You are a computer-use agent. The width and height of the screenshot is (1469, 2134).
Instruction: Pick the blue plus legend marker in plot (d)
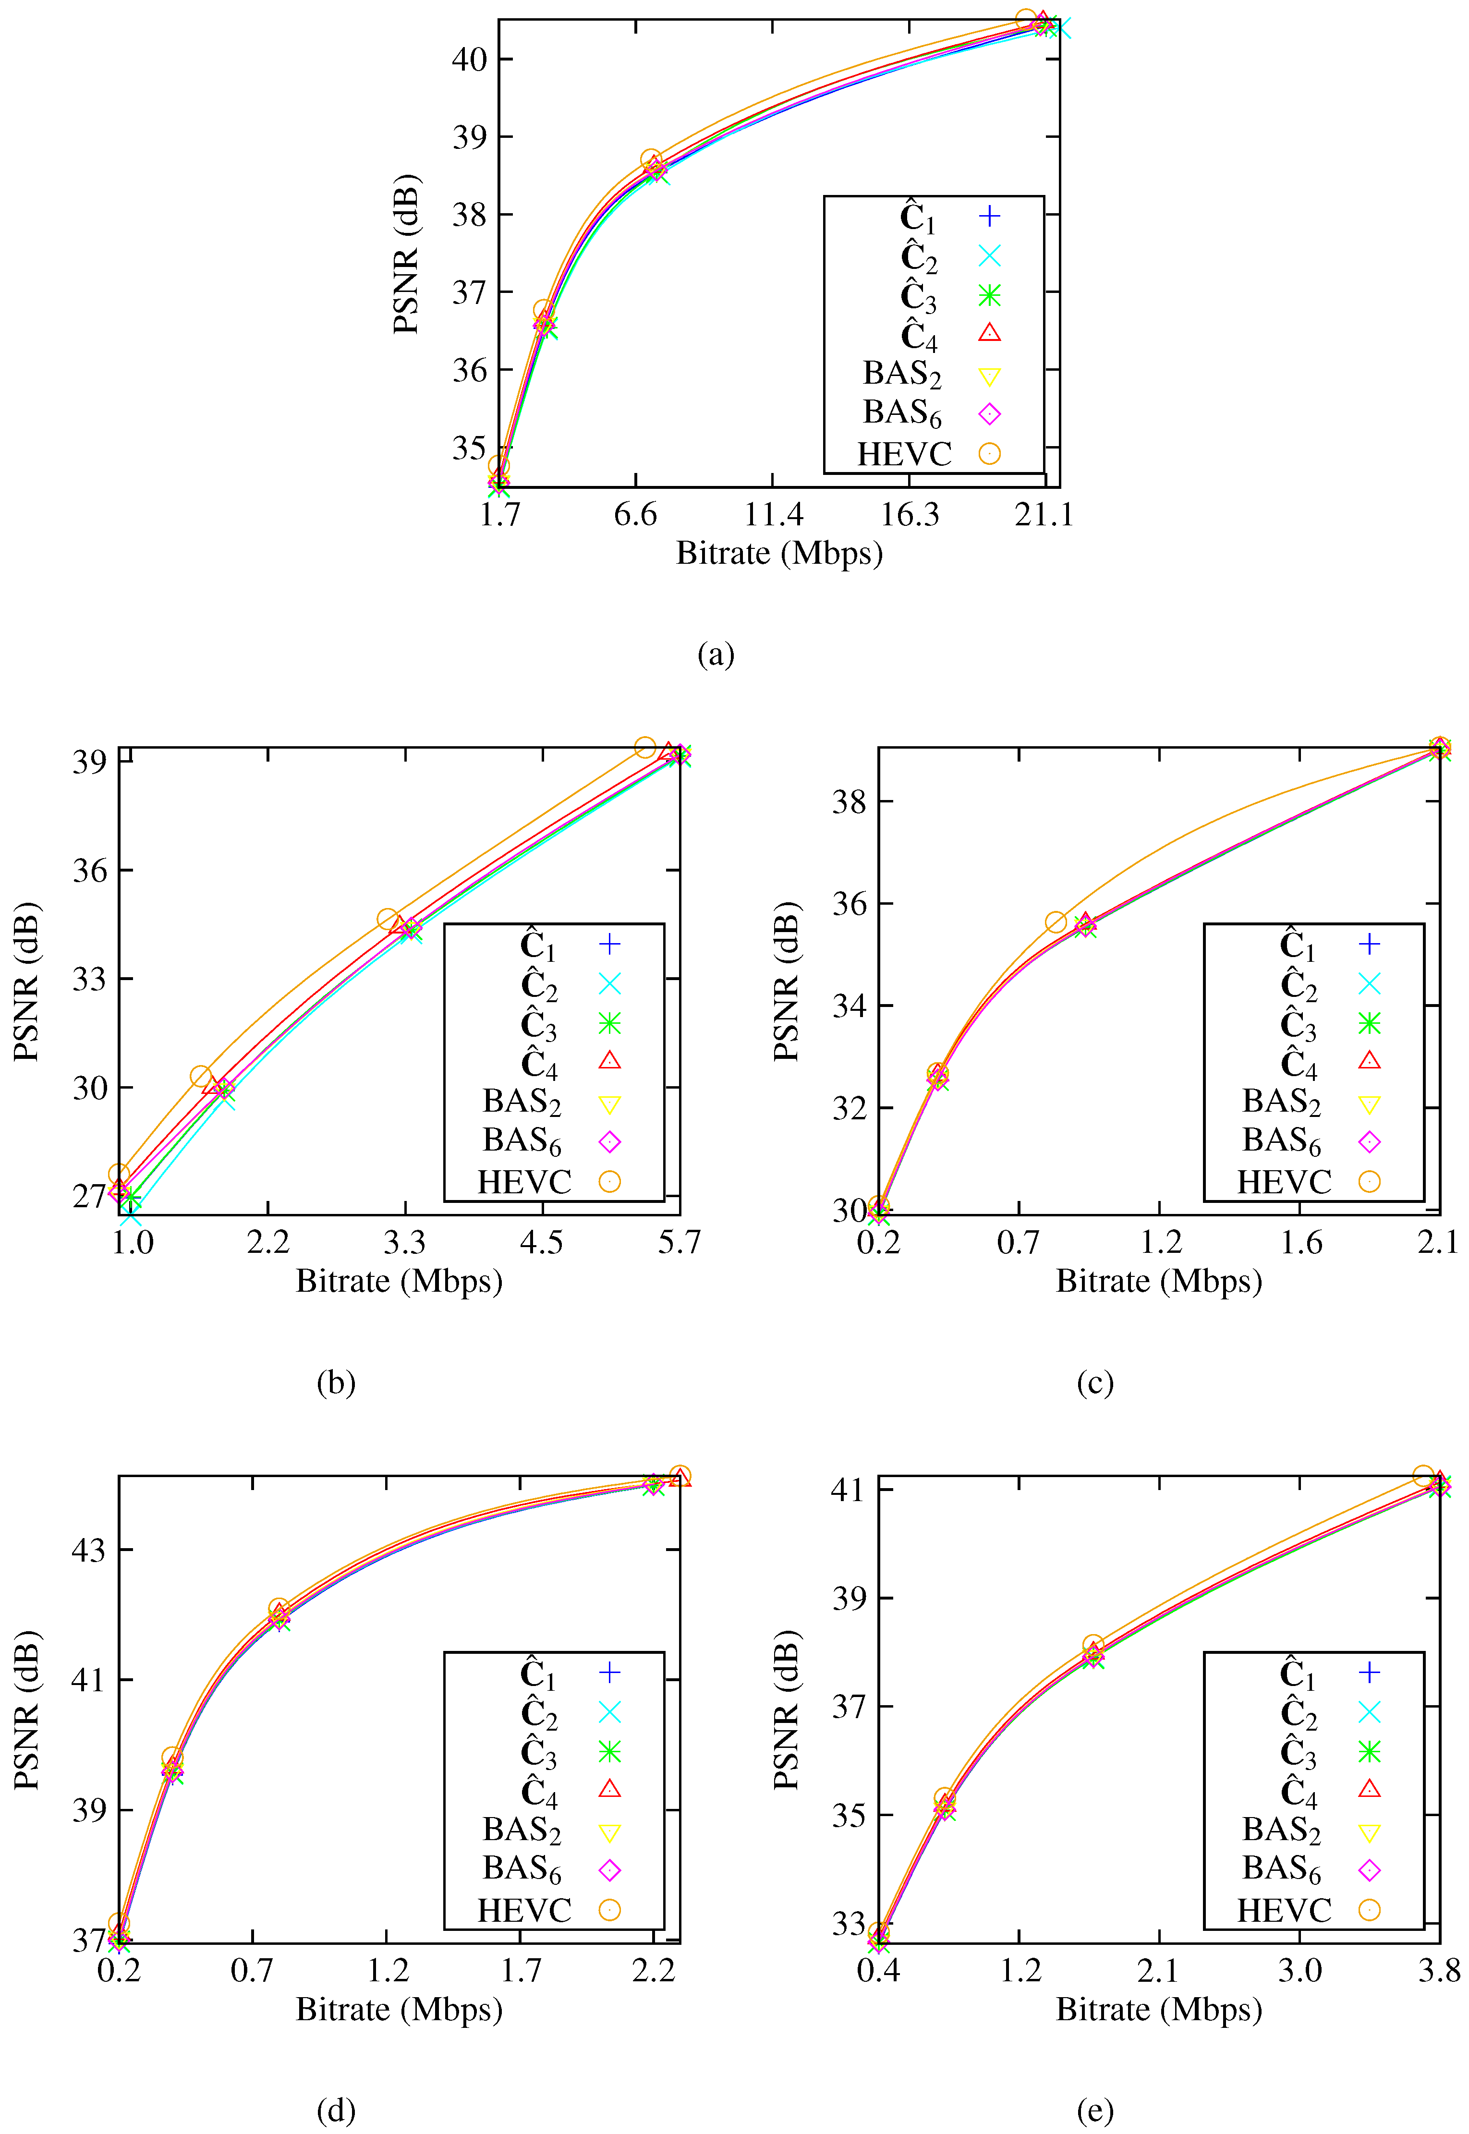(x=609, y=1672)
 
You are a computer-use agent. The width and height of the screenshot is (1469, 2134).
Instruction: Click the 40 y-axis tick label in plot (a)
(x=470, y=59)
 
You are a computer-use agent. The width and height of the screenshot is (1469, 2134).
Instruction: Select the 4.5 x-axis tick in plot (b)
(x=541, y=1242)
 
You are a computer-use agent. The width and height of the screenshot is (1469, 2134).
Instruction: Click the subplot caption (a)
(x=716, y=655)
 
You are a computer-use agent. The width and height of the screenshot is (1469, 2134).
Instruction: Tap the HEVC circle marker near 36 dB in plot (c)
(x=1056, y=922)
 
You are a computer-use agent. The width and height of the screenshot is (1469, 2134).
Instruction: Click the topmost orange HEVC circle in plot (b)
(x=645, y=747)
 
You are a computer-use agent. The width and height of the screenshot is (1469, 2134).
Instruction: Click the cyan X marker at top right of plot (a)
(x=1058, y=27)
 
